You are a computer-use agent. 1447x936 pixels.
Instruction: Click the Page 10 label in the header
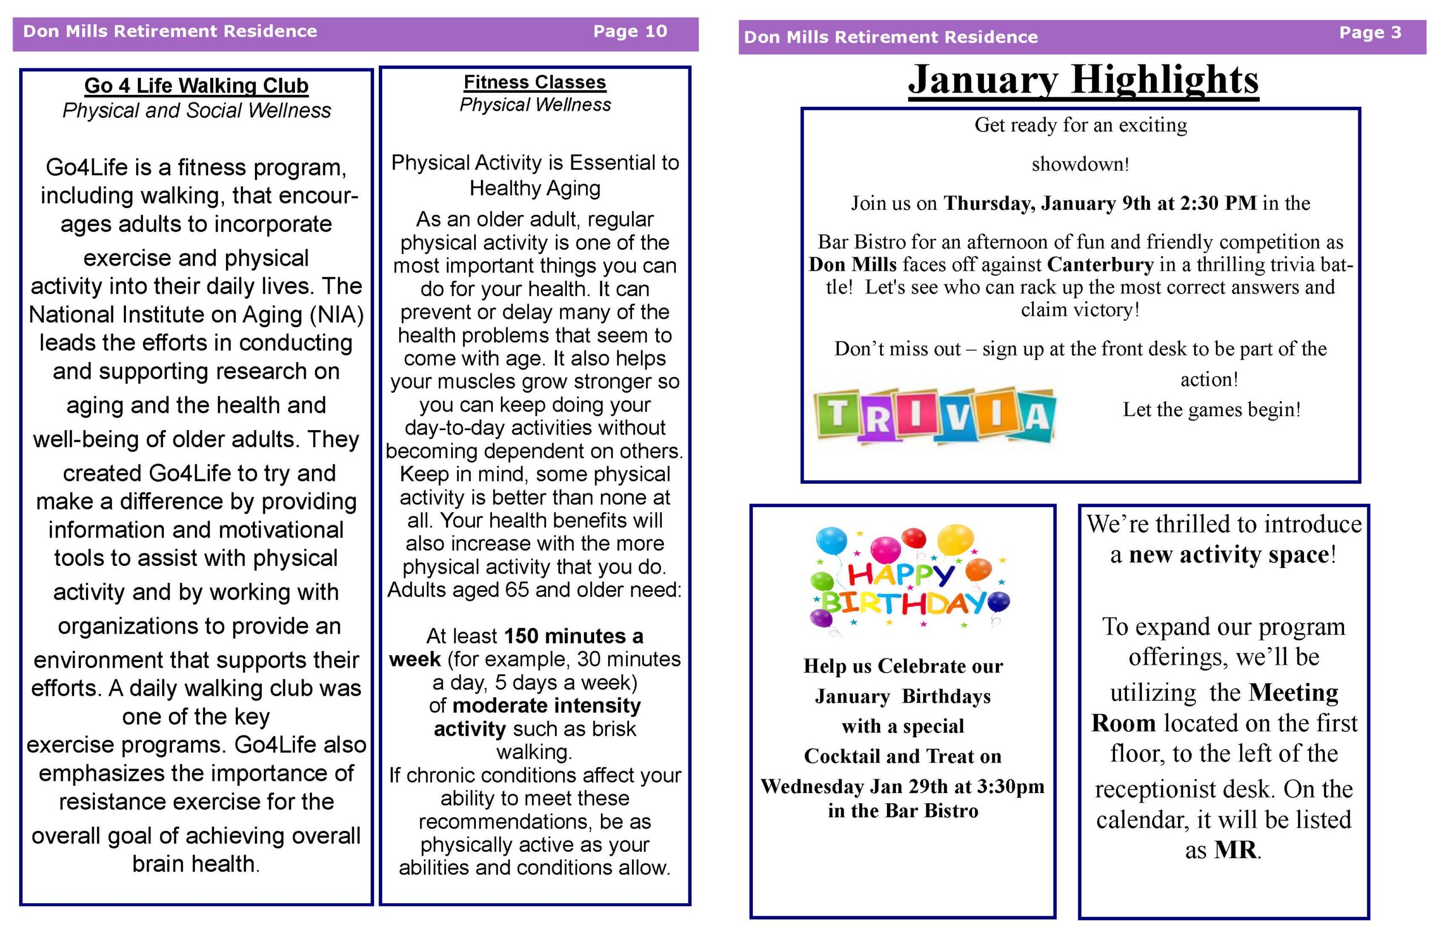point(630,31)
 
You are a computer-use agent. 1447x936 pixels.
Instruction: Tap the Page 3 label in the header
point(1370,32)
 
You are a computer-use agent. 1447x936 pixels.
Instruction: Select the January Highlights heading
point(1083,80)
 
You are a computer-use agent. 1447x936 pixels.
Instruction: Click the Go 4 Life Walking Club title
point(196,86)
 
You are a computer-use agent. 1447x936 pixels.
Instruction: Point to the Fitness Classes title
point(534,82)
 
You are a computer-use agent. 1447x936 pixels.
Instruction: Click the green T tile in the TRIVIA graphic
point(838,413)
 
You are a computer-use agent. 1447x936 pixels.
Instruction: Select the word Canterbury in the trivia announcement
point(1100,265)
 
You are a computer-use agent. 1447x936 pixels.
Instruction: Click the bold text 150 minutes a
point(573,636)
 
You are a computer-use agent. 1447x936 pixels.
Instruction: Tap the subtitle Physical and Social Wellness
point(196,111)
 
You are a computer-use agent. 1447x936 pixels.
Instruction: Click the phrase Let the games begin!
point(1211,410)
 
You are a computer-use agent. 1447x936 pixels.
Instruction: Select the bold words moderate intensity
point(547,705)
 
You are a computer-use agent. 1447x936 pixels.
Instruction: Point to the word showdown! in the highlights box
point(1080,164)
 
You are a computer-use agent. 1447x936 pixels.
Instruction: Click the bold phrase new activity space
point(1229,555)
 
